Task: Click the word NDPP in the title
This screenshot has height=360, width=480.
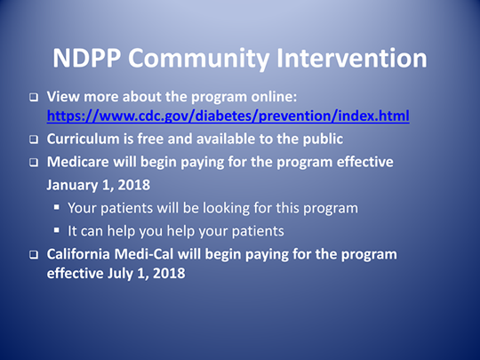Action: pyautogui.click(x=86, y=58)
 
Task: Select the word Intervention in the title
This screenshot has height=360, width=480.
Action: pyautogui.click(x=352, y=58)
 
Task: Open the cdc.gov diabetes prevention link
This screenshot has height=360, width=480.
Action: pyautogui.click(x=228, y=116)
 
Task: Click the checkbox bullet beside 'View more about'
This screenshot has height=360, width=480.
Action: pyautogui.click(x=34, y=98)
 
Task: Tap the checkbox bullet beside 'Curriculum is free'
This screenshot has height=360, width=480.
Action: pyautogui.click(x=34, y=140)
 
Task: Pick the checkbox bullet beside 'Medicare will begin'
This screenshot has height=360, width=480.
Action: pyautogui.click(x=34, y=163)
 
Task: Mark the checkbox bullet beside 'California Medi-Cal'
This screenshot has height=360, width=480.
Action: pyautogui.click(x=34, y=255)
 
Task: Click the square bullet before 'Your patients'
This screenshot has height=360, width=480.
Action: pyautogui.click(x=57, y=207)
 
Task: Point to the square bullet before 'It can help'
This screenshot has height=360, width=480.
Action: pyautogui.click(x=57, y=230)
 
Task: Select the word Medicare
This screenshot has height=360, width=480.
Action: pyautogui.click(x=77, y=162)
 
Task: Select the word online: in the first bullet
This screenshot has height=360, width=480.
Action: pyautogui.click(x=274, y=97)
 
